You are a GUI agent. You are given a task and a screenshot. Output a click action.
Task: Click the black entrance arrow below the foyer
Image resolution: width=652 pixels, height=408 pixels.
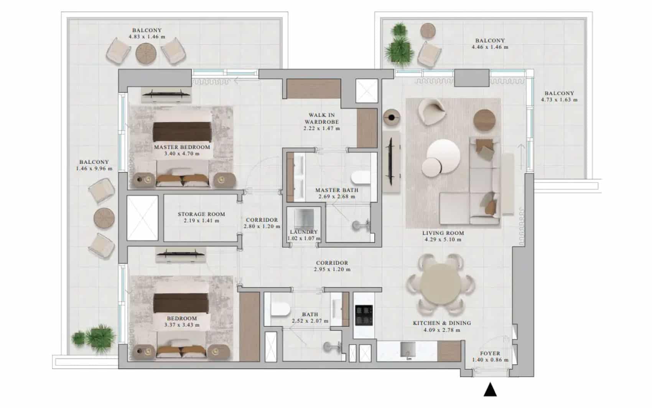click(490, 390)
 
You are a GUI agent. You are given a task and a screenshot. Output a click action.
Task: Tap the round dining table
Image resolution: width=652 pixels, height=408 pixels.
click(441, 284)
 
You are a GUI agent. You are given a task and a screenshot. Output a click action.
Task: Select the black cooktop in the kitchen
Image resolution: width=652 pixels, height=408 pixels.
click(364, 315)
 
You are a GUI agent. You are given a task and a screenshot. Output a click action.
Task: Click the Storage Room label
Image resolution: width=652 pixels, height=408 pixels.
click(201, 214)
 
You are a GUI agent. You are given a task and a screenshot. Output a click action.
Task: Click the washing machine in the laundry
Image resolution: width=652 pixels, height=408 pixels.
click(304, 219)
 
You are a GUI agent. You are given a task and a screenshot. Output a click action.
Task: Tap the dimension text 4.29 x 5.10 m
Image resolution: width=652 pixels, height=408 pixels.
click(443, 240)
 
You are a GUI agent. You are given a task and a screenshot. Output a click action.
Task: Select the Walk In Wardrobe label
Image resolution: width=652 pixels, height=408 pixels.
click(322, 118)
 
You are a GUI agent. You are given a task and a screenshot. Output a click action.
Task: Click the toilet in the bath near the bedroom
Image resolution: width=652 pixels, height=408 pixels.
click(280, 310)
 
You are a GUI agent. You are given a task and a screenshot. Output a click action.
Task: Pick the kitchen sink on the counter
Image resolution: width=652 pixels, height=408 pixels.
click(407, 349)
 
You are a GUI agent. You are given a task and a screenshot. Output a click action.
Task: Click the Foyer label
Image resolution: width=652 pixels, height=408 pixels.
click(490, 353)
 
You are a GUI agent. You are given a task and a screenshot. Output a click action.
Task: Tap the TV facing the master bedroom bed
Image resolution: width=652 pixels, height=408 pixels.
click(166, 94)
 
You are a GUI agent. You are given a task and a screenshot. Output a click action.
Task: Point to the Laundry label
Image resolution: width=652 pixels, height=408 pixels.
click(304, 232)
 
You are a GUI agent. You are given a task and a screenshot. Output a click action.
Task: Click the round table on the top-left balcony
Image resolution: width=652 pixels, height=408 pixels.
click(146, 54)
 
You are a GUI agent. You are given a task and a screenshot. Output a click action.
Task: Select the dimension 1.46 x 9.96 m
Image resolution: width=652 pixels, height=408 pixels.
click(94, 168)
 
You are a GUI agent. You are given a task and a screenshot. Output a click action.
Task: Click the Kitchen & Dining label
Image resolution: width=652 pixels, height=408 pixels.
click(442, 323)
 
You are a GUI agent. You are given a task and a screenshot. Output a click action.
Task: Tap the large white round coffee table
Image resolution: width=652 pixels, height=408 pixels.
click(444, 155)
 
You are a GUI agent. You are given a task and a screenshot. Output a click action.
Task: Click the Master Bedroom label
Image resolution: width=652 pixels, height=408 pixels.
click(182, 147)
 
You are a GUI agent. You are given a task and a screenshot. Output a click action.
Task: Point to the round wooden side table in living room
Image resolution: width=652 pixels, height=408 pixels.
click(484, 119)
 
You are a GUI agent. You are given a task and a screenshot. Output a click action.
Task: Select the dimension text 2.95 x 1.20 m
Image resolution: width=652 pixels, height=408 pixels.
click(332, 270)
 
